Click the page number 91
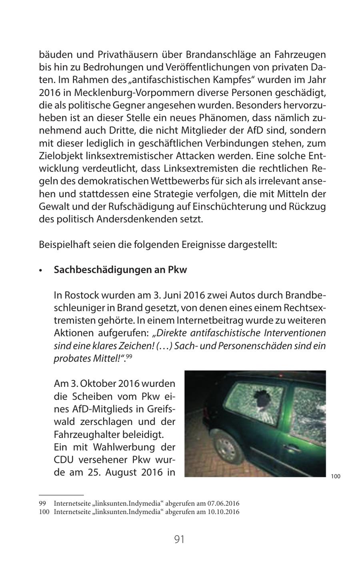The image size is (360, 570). coord(179,539)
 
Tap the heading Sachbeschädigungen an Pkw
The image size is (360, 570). coord(120,270)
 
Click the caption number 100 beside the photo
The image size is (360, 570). coord(335,476)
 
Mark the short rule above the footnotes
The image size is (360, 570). coord(61,495)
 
